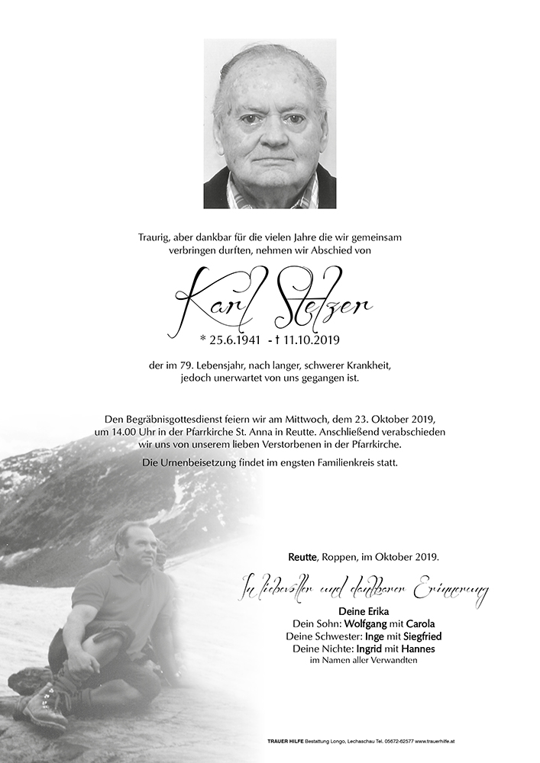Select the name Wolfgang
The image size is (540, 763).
pos(354,623)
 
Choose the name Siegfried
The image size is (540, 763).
pos(419,636)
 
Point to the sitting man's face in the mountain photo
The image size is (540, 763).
pos(133,542)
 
